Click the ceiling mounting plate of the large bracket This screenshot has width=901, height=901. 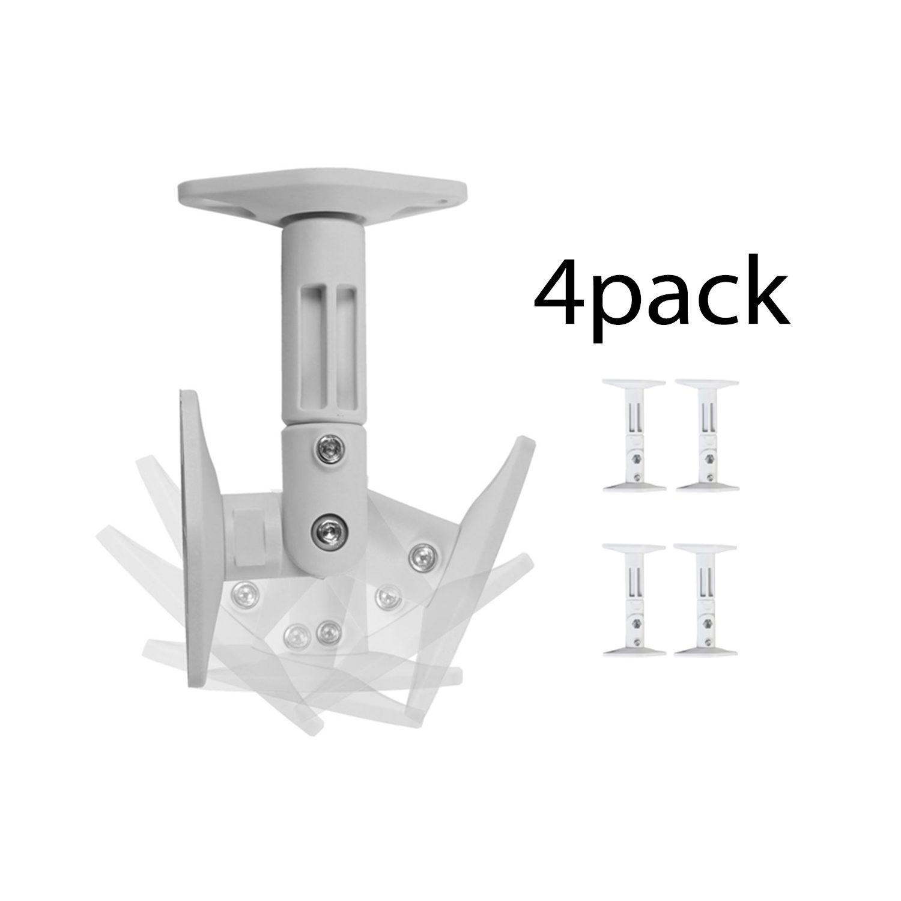pyautogui.click(x=322, y=198)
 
